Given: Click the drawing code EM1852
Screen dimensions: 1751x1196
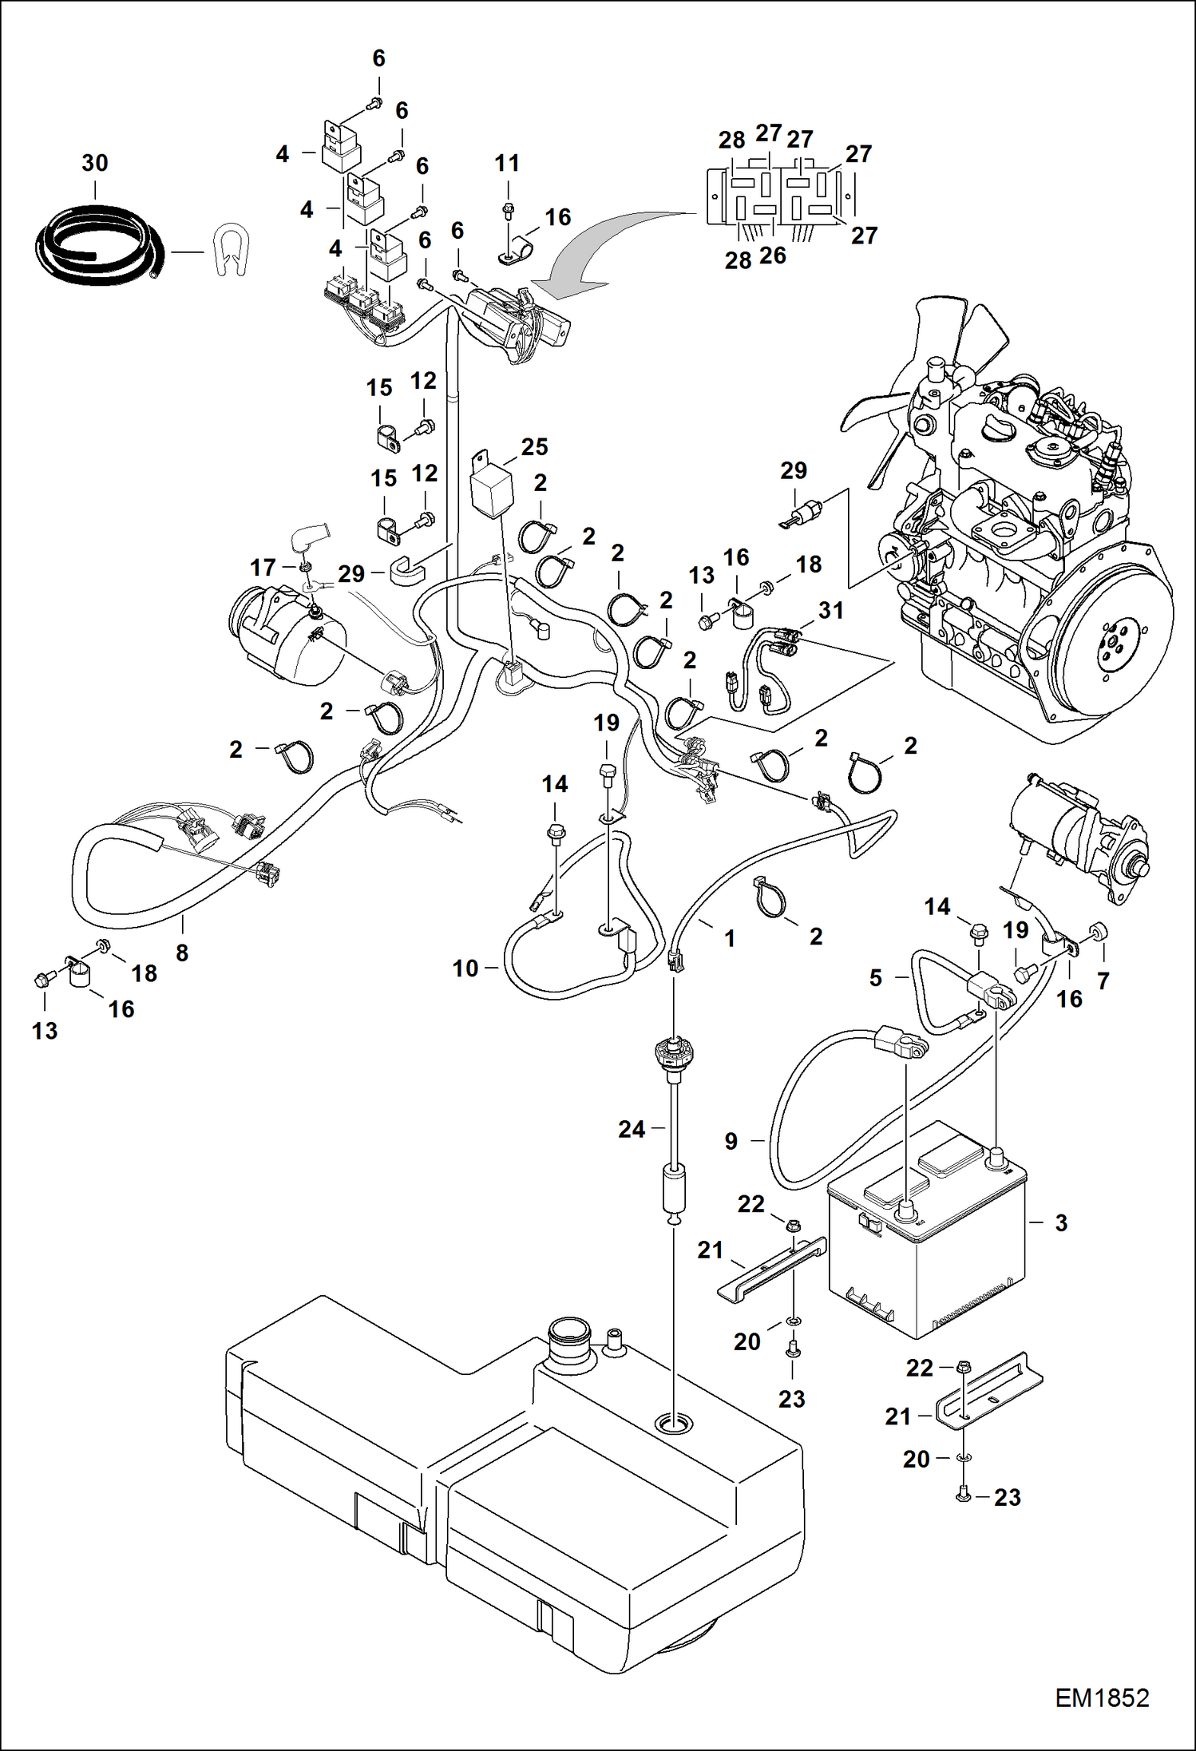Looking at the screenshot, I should (1102, 1698).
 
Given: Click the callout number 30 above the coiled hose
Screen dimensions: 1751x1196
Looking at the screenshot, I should (94, 164).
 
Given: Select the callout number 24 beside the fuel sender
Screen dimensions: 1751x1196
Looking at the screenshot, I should (632, 1129).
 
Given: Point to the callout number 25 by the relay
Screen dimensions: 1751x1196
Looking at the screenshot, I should (534, 447).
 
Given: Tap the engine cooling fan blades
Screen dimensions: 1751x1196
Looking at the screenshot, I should (918, 383).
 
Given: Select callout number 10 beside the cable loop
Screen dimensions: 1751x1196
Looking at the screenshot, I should (465, 969).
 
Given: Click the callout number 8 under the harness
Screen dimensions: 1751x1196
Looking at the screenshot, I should (182, 953).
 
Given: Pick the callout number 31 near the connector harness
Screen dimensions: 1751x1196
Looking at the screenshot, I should (831, 611).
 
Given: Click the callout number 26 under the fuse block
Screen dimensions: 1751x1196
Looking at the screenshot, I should (773, 256).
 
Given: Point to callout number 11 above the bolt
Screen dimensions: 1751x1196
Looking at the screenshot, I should (507, 164).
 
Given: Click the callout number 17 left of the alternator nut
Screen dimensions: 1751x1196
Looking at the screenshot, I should (263, 568).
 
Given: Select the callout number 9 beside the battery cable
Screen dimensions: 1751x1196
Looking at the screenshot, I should (731, 1141).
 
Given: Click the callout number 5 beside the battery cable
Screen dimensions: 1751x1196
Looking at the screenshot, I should (876, 977).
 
